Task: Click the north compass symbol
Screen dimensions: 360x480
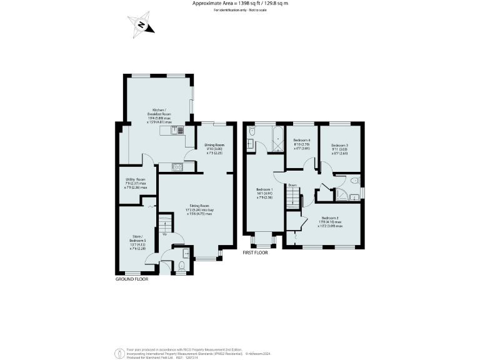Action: tap(142, 26)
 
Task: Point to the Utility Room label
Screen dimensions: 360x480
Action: tap(136, 183)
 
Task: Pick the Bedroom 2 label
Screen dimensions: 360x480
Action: tap(331, 221)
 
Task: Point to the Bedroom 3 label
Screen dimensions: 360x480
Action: tap(340, 148)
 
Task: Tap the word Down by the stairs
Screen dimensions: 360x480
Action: tap(292, 185)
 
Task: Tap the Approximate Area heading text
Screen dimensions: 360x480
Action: tap(240, 4)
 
